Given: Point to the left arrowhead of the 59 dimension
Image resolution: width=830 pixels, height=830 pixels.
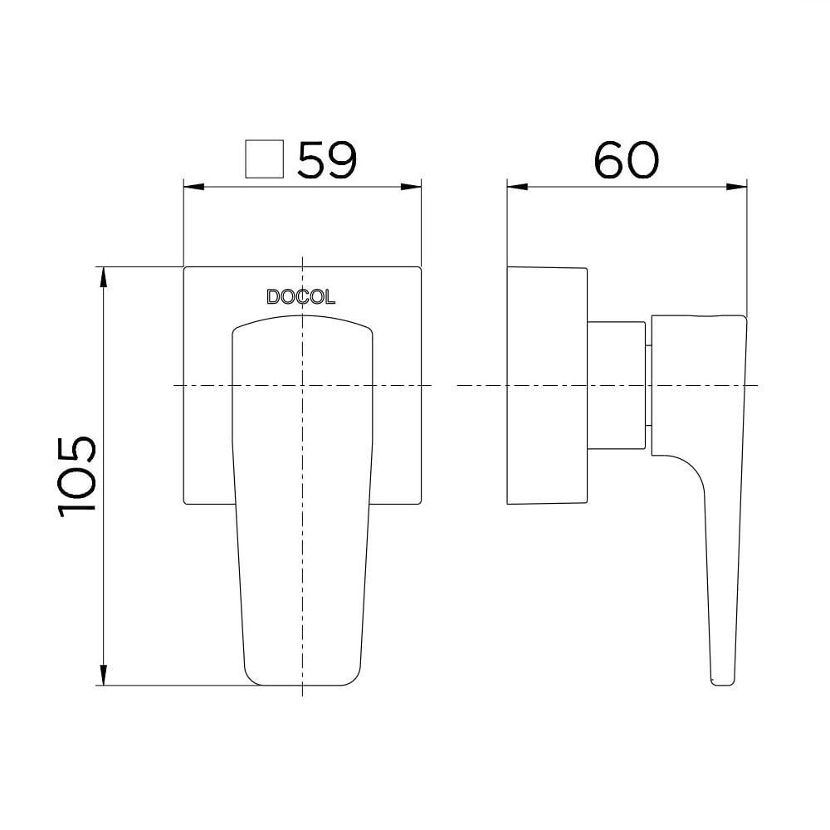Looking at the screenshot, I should [189, 186].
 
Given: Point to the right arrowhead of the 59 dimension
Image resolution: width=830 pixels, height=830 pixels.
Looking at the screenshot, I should [415, 186].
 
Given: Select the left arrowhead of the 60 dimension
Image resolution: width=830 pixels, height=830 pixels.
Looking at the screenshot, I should [514, 186].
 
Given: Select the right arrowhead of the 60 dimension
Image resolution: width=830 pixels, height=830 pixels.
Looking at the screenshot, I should [740, 186].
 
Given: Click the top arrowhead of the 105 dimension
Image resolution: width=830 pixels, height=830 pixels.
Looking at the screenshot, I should [103, 275].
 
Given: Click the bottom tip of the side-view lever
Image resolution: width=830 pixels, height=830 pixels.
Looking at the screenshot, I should [723, 682].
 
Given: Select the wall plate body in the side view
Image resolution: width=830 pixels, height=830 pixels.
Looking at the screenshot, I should [546, 386].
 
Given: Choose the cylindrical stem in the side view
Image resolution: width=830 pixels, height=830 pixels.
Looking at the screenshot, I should [616, 386].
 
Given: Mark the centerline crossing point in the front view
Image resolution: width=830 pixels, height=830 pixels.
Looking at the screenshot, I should [303, 386].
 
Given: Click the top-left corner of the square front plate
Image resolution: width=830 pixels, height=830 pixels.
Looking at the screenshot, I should [184, 268].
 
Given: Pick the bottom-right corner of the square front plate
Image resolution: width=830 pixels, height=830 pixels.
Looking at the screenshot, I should [421, 504].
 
